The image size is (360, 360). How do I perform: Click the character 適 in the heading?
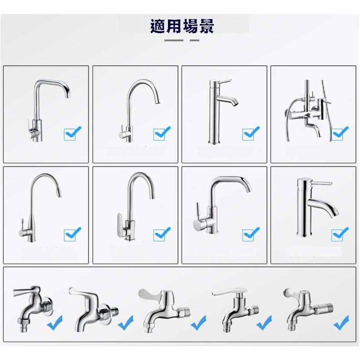pyautogui.click(x=158, y=26)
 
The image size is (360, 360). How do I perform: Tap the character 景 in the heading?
pyautogui.click(x=207, y=26)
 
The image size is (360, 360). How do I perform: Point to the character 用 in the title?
pyautogui.click(x=174, y=26)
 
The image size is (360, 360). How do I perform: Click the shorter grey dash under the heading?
pyautogui.click(x=194, y=40)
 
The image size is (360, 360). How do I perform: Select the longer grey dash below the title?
pyautogui.click(x=174, y=40)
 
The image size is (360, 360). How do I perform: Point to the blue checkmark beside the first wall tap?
pyautogui.click(x=54, y=322)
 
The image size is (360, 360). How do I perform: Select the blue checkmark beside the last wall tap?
pyautogui.click(x=341, y=322)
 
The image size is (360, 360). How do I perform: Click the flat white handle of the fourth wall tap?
pyautogui.click(x=226, y=292)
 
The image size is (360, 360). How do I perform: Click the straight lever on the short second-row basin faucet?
pyautogui.click(x=321, y=183)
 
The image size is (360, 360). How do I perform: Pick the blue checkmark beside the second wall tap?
pyautogui.click(x=125, y=322)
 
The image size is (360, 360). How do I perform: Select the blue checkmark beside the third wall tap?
pyautogui.click(x=198, y=322)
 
